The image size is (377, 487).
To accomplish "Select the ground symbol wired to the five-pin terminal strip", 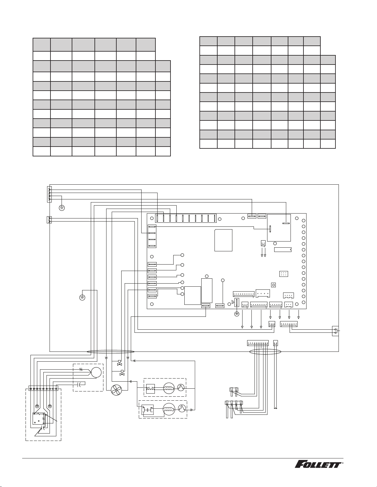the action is [x=62, y=208].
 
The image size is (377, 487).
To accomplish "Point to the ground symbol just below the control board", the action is [x=237, y=314].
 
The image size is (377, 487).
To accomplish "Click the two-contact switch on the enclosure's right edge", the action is [x=335, y=331].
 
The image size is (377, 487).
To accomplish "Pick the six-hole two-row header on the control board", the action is [x=284, y=274].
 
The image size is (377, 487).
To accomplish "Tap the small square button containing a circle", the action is [x=273, y=285].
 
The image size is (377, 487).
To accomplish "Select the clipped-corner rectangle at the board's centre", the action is [x=223, y=240].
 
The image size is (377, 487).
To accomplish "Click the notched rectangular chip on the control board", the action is [x=283, y=249].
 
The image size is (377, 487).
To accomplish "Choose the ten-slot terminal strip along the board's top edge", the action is [x=186, y=218].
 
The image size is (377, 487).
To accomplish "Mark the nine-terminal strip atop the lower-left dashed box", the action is [x=43, y=388].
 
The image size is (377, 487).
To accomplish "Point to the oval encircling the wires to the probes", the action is [x=265, y=352].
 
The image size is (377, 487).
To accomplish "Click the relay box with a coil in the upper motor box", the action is [x=150, y=389].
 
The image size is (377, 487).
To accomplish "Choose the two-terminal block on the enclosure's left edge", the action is [x=49, y=220].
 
